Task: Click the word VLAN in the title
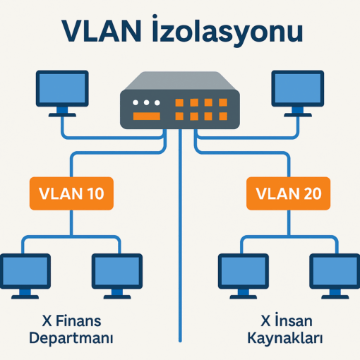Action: click(x=102, y=31)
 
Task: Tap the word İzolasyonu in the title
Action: click(x=227, y=30)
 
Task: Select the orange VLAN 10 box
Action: click(x=71, y=193)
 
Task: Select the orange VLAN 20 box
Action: click(x=288, y=193)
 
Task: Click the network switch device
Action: click(x=180, y=100)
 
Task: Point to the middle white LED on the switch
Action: click(x=146, y=102)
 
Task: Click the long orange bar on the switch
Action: click(x=147, y=116)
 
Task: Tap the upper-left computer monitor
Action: click(x=62, y=93)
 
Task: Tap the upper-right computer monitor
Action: click(x=298, y=93)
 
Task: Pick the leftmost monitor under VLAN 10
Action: click(x=25, y=276)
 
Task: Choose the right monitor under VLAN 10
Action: click(x=117, y=276)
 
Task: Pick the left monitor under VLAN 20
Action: click(x=244, y=276)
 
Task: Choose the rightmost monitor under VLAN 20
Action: click(x=335, y=276)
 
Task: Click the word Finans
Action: click(x=78, y=321)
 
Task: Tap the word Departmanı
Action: click(x=71, y=338)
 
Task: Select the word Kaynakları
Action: click(x=285, y=338)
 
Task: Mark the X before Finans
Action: click(x=47, y=321)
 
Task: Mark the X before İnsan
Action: click(x=266, y=320)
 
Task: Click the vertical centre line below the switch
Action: click(x=180, y=235)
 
